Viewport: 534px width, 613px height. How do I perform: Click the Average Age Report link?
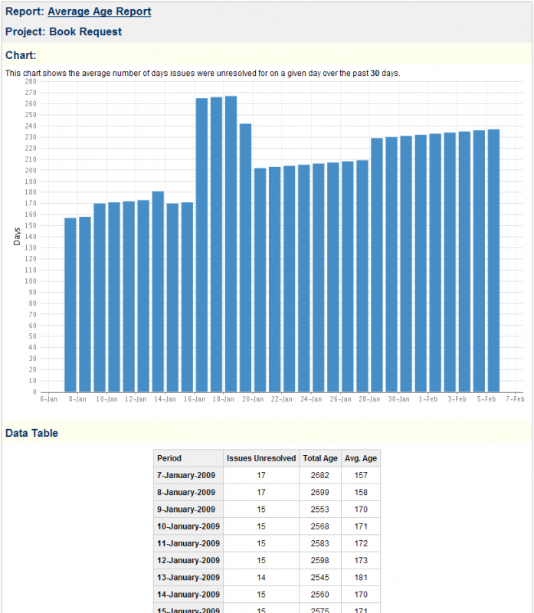[x=99, y=11]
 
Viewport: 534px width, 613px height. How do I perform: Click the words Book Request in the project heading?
[x=85, y=32]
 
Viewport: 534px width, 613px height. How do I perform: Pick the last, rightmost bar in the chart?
[x=493, y=261]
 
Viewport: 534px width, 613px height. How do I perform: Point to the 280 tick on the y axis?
[x=31, y=81]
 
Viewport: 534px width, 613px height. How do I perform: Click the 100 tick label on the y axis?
[x=31, y=280]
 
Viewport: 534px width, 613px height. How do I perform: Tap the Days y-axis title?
[x=17, y=237]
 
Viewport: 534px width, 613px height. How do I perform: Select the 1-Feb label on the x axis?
[x=428, y=399]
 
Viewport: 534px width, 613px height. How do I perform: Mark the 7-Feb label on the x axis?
[x=515, y=399]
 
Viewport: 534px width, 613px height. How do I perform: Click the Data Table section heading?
[x=31, y=434]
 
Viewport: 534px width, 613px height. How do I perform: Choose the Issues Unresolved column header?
[x=261, y=458]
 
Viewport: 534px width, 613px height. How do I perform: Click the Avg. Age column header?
[x=360, y=458]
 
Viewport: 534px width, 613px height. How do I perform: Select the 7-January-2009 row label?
[x=186, y=475]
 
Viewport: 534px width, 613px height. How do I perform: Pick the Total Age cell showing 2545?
[x=320, y=578]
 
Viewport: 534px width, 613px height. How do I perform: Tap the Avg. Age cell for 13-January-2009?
[x=360, y=578]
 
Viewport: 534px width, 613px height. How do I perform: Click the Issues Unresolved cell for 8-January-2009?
[x=261, y=492]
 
